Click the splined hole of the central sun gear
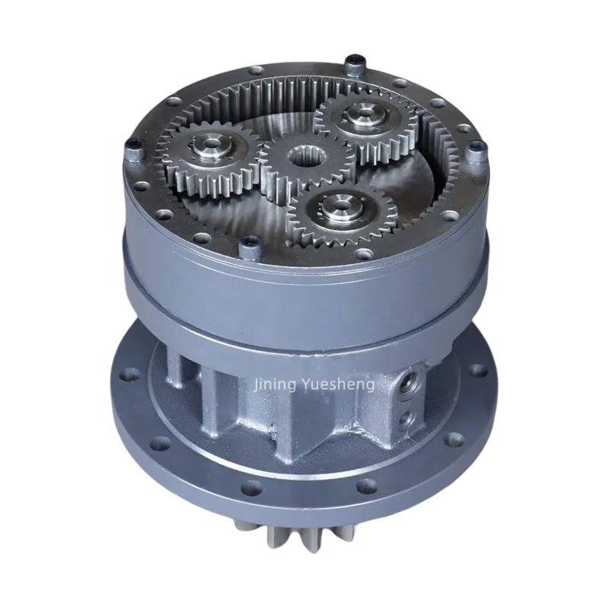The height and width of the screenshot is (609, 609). [x=304, y=158]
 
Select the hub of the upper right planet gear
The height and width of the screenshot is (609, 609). [x=364, y=113]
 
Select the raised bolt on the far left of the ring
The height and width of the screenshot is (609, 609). [x=134, y=151]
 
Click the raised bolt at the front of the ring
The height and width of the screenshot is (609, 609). [x=250, y=250]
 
